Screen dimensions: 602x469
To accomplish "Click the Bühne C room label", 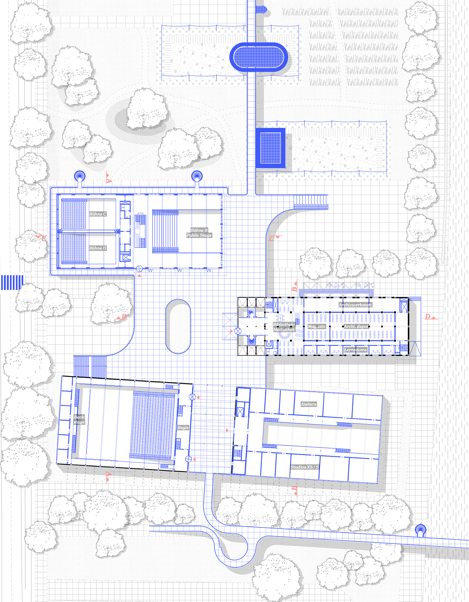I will coord(98,214).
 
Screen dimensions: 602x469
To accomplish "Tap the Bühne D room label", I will coord(98,248).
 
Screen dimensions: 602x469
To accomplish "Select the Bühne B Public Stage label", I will coord(199,233).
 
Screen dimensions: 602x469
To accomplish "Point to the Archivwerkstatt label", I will coord(355,305).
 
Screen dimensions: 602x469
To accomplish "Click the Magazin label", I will coord(316,326).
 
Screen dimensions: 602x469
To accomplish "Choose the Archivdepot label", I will coord(356,326).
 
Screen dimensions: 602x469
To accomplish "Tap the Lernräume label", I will coord(356,350).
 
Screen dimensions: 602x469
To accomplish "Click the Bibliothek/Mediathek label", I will coord(284,327).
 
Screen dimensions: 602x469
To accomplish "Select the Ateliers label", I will coord(309,404).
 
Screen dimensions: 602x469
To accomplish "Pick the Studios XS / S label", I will coord(305,467).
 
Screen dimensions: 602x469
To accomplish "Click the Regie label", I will coord(183,427).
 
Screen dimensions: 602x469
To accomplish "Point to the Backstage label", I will coord(79,420).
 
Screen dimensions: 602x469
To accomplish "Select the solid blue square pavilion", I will coord(271,148).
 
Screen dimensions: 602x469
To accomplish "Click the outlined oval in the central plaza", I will coord(178,326).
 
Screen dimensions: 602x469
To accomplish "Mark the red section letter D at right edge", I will coord(428,316).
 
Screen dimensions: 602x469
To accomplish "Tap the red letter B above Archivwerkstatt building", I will coord(294,289).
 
